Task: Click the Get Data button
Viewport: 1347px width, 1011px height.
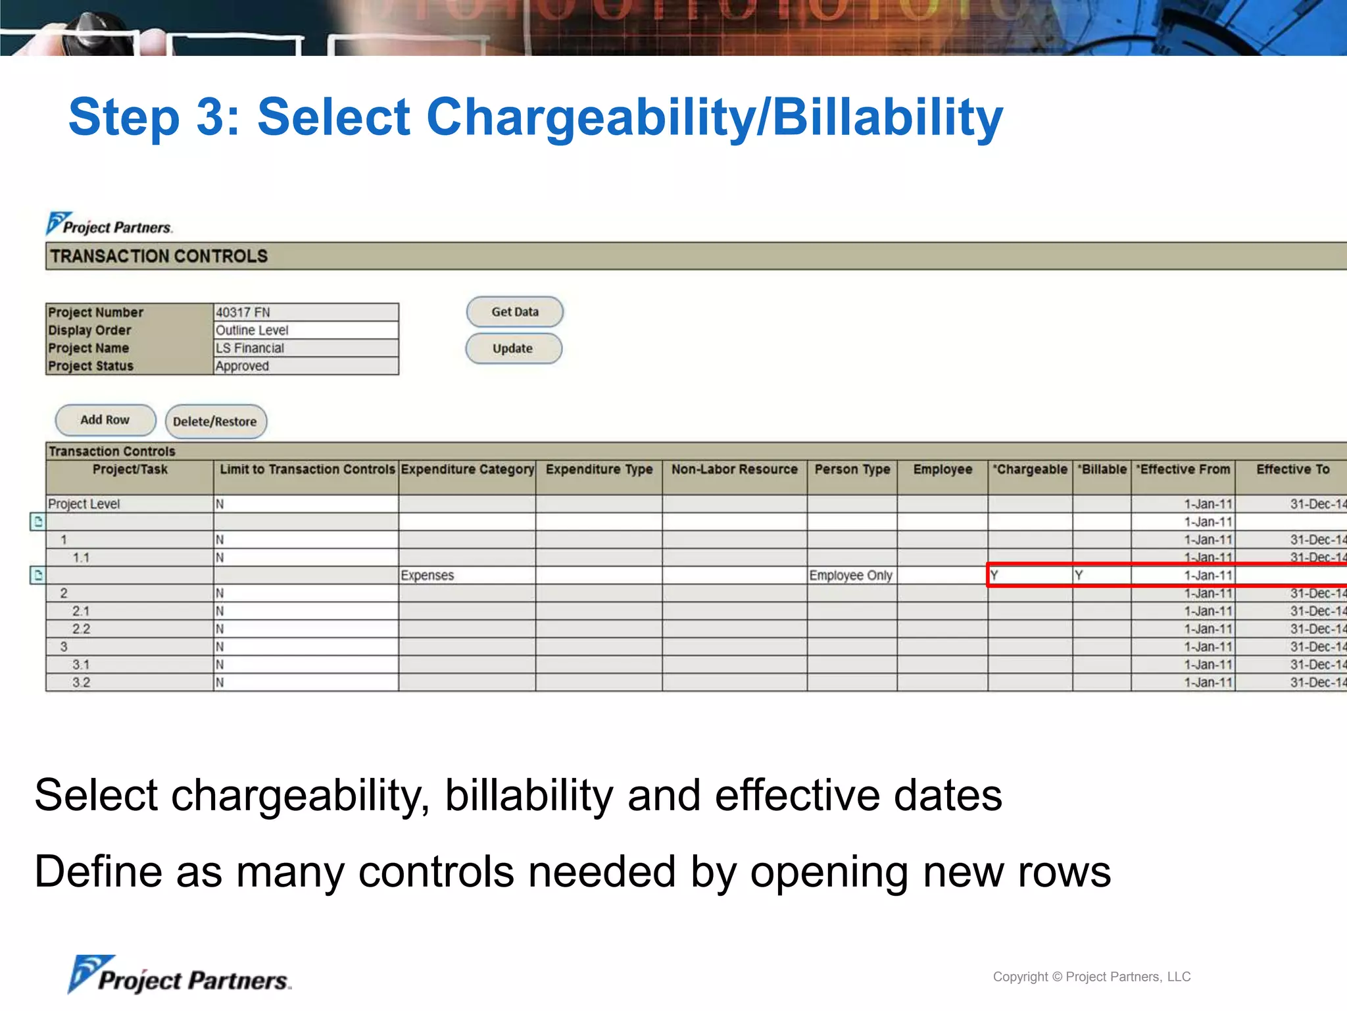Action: (514, 312)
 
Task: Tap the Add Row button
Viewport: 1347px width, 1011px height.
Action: (105, 420)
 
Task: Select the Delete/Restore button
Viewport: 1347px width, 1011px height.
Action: (215, 421)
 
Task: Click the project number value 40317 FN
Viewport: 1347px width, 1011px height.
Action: (243, 312)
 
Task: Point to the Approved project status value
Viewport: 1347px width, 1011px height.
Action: (243, 366)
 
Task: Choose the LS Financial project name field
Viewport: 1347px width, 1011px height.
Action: (251, 348)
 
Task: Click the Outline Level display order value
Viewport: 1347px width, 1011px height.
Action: (253, 330)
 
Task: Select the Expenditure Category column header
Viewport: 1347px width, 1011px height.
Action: (467, 469)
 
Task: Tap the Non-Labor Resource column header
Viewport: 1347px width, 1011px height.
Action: (734, 469)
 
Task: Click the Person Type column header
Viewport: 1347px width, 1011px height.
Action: (852, 469)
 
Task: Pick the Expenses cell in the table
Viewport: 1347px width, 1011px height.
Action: (428, 575)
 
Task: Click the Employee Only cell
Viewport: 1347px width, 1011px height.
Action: (850, 575)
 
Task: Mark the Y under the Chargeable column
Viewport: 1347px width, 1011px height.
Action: (994, 575)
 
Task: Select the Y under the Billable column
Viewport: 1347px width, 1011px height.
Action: (1079, 575)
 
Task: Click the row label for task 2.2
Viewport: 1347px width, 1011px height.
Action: (82, 629)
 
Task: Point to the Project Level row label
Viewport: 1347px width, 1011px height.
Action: (84, 504)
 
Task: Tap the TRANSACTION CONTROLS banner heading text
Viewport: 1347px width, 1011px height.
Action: (159, 256)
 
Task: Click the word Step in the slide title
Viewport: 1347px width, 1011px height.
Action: (124, 117)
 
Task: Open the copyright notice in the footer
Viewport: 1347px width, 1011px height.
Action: (1091, 977)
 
